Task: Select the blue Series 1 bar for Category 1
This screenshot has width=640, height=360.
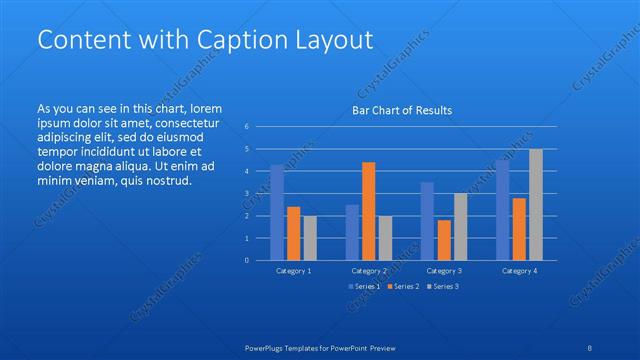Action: tap(277, 212)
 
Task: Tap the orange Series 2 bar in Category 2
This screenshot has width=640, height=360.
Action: tap(368, 211)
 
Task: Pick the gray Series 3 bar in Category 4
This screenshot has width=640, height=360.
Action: tap(536, 204)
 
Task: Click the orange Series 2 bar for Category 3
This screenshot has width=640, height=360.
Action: tap(444, 240)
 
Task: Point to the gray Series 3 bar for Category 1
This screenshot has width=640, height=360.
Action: tap(309, 238)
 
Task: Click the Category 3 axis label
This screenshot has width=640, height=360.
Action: tap(444, 271)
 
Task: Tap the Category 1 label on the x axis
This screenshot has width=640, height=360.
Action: tap(293, 271)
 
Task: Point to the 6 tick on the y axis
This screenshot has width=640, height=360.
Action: tap(248, 127)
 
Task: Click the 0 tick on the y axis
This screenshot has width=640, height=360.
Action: tap(248, 260)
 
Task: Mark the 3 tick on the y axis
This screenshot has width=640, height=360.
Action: tap(248, 194)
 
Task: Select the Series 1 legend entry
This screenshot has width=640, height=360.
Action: tap(364, 287)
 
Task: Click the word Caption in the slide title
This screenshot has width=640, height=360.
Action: tap(240, 40)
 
